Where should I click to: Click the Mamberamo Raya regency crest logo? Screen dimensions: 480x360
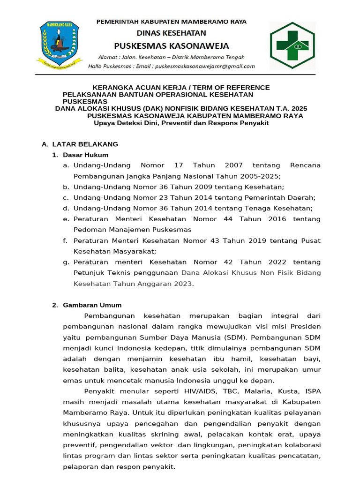tap(60, 44)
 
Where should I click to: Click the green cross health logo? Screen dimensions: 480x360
tap(292, 45)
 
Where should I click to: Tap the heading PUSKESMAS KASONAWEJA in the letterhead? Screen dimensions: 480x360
tap(172, 46)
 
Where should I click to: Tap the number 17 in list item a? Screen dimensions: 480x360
tap(178, 165)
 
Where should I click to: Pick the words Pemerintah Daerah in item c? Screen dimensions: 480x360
tap(285, 197)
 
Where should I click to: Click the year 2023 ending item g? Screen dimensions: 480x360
tap(182, 284)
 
